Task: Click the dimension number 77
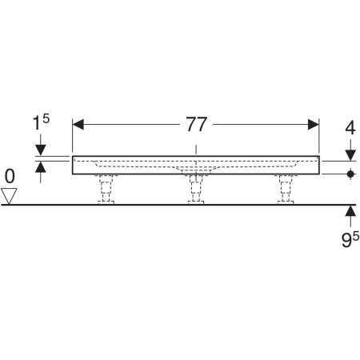pyautogui.click(x=196, y=124)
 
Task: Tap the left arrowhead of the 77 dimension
pyautogui.click(x=78, y=125)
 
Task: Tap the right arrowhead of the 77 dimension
pyautogui.click(x=314, y=125)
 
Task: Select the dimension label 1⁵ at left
pyautogui.click(x=41, y=122)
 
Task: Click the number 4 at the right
pyautogui.click(x=350, y=128)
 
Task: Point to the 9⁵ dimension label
pyautogui.click(x=350, y=240)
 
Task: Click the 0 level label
pyautogui.click(x=10, y=176)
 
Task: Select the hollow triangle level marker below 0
pyautogui.click(x=9, y=196)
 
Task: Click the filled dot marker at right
pyautogui.click(x=350, y=174)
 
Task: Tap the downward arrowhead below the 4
pyautogui.click(x=350, y=155)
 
